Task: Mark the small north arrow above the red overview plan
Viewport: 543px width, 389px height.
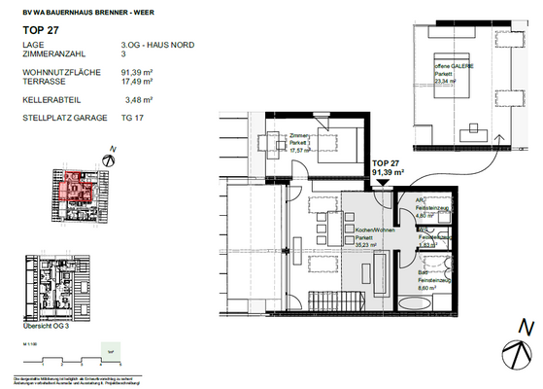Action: (113, 152)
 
